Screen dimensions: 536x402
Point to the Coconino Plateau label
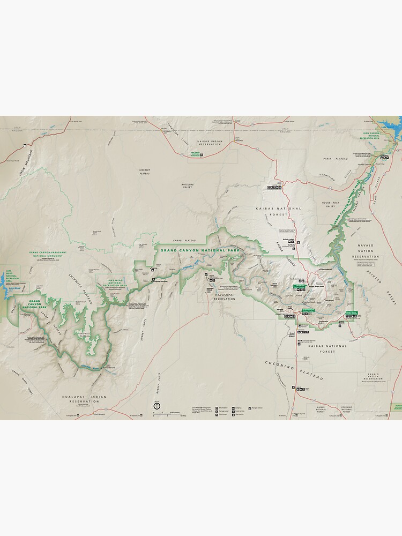pyautogui.click(x=294, y=370)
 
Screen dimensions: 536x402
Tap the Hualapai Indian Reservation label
pyautogui.click(x=81, y=399)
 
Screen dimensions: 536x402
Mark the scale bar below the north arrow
pyautogui.click(x=163, y=414)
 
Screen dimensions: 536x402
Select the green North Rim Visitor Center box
pyautogui.click(x=299, y=286)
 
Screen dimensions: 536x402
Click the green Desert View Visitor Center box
pyautogui.click(x=352, y=311)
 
